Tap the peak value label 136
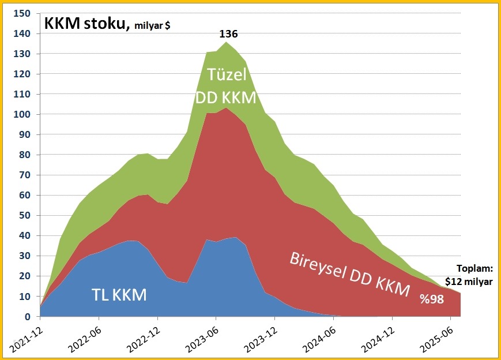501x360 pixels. tap(228, 35)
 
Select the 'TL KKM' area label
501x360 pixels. tap(119, 295)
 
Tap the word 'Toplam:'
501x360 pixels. tap(475, 269)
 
